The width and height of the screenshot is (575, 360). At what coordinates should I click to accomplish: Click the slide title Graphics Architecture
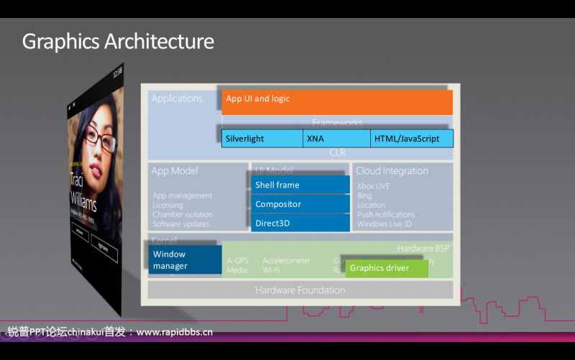[118, 41]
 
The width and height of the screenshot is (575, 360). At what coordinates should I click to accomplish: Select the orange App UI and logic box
[337, 102]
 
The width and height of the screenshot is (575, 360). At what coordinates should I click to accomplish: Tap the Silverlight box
[262, 139]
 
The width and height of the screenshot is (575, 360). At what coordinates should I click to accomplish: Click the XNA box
[336, 139]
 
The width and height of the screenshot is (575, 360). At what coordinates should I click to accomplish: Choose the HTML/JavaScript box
[412, 139]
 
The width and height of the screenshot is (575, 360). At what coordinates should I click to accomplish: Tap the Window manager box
[185, 259]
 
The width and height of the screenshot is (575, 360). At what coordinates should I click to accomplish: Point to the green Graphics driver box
[387, 268]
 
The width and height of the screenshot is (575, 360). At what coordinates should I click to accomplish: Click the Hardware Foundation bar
[300, 290]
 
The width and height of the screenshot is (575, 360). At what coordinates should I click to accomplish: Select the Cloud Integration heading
[392, 171]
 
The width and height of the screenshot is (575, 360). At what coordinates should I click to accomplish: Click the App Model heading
[174, 171]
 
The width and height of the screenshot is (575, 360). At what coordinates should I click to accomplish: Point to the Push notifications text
[386, 214]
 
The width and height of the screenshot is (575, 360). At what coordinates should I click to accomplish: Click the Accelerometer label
[286, 261]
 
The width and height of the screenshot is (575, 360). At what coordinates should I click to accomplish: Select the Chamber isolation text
[183, 214]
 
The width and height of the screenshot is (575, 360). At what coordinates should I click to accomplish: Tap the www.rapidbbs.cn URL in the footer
[175, 332]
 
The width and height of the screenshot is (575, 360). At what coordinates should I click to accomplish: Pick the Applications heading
[177, 98]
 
